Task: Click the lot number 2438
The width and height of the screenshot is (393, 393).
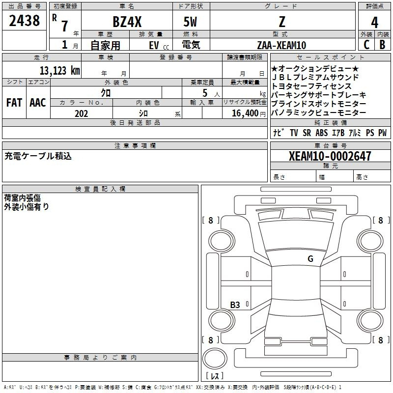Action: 24,21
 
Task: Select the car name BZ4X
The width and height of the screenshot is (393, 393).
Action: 127,22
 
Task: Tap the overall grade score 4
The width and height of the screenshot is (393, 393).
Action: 374,23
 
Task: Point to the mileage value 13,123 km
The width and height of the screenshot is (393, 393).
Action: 60,71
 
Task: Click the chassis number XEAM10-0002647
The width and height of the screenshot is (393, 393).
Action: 330,156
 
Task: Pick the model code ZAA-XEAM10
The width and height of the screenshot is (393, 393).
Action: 281,45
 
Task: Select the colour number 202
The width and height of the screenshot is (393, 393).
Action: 81,113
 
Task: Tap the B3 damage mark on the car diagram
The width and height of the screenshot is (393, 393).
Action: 235,305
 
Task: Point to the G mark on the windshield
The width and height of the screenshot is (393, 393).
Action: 310,259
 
